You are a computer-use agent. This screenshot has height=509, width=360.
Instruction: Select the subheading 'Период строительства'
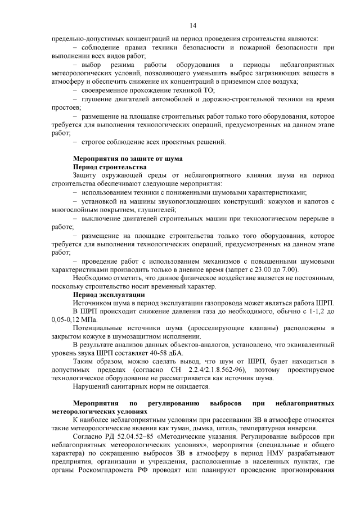tap(110, 167)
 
